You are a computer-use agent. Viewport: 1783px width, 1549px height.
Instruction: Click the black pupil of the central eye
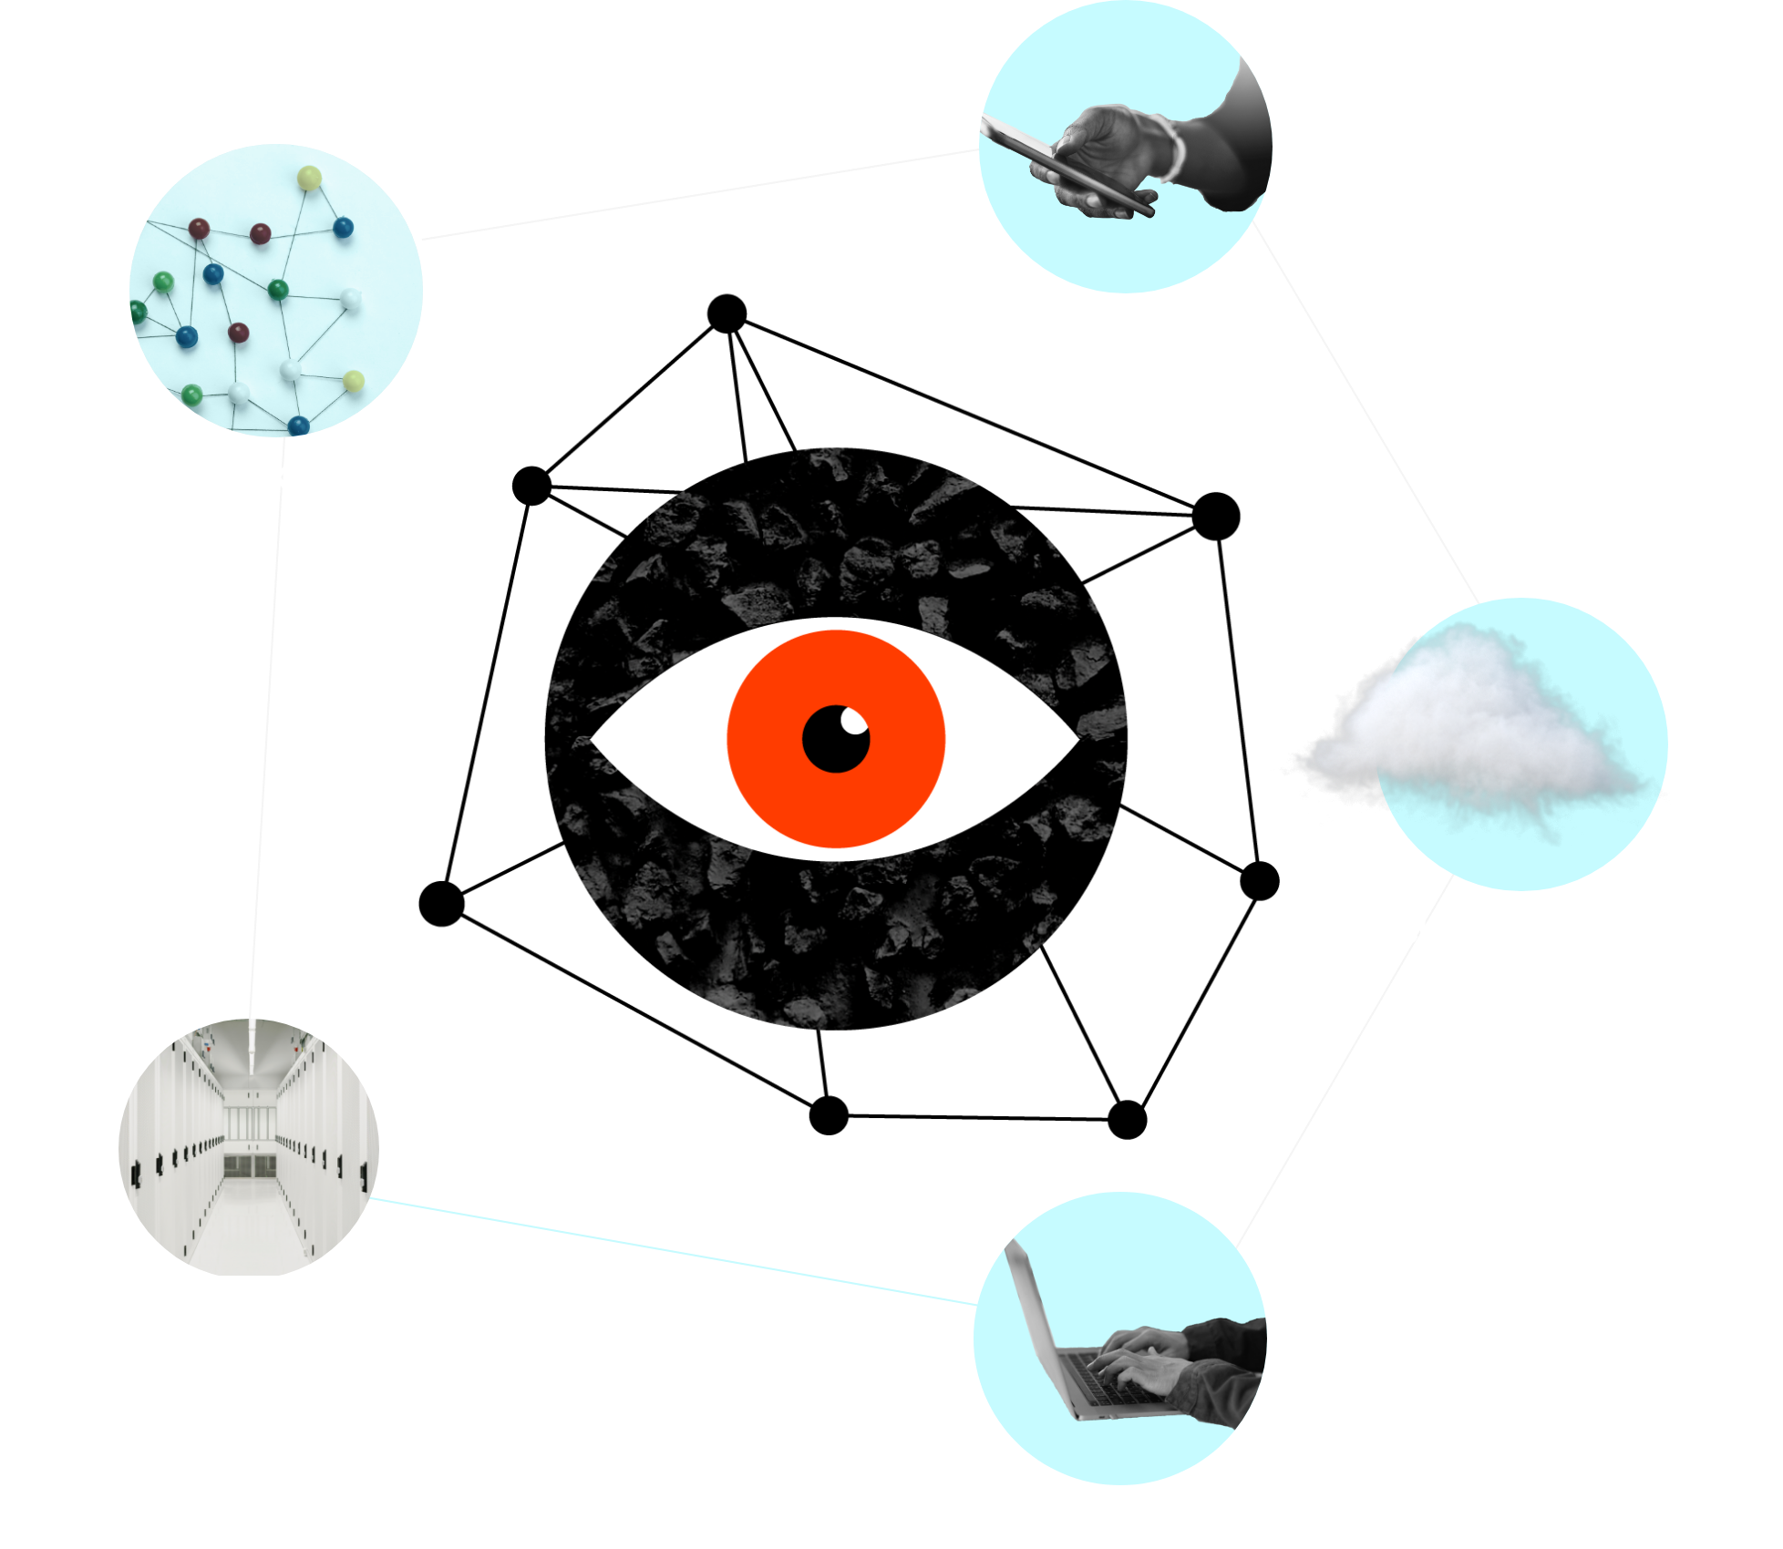click(x=832, y=743)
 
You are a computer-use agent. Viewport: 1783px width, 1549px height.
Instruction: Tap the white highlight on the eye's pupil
click(x=854, y=722)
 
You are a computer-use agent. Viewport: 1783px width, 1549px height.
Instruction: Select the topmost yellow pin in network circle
click(x=310, y=178)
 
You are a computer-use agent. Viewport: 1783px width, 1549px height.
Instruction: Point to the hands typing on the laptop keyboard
click(x=1139, y=1358)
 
